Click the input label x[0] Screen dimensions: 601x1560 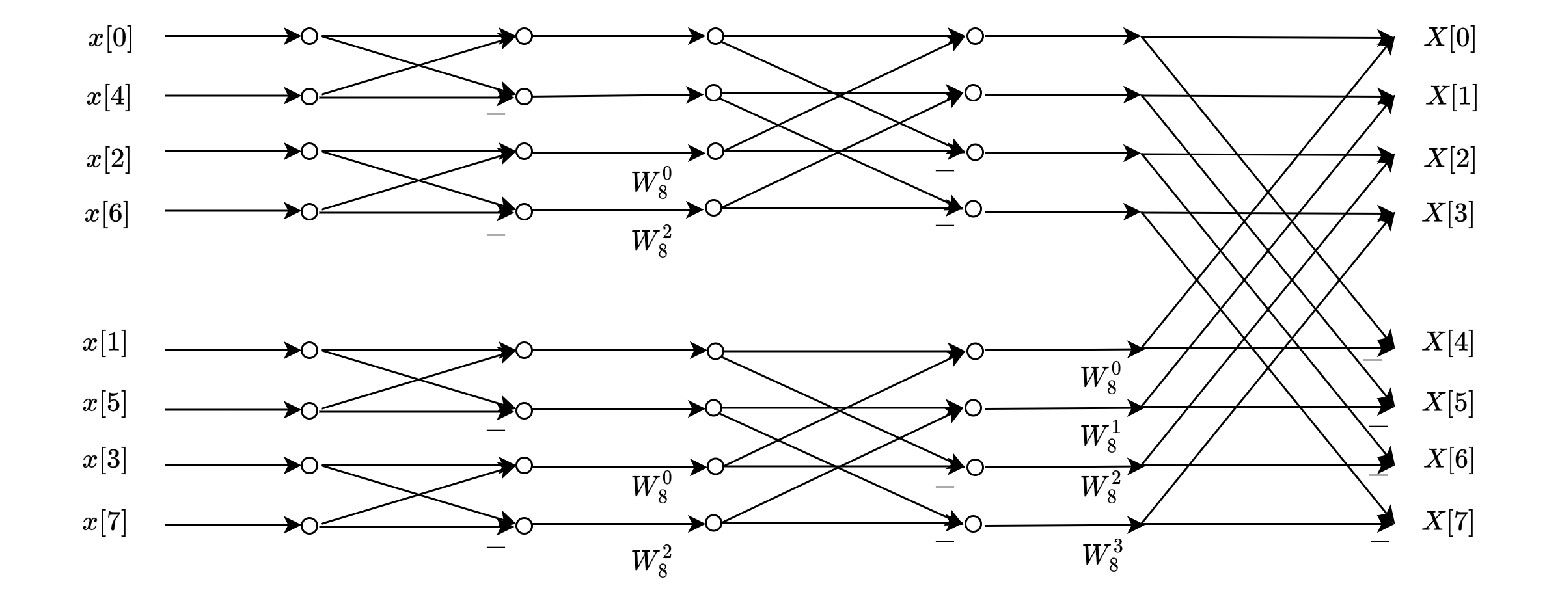pos(110,39)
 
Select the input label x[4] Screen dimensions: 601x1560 pos(108,98)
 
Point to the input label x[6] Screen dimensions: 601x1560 pos(107,213)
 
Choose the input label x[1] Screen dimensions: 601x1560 pos(105,343)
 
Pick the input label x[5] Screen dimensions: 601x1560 pos(105,404)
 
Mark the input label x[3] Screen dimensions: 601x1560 pos(105,461)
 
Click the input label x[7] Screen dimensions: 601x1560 pos(105,522)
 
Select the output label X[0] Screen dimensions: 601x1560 pos(1449,38)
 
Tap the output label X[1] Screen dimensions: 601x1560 pos(1452,97)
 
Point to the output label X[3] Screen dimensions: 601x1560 pos(1448,213)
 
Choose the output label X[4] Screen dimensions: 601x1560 pos(1448,342)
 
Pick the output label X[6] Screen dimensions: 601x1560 pos(1448,460)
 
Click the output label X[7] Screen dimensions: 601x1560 pos(1448,522)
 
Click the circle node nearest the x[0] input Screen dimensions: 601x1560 pos(310,36)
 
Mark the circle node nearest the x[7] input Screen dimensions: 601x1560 pos(310,525)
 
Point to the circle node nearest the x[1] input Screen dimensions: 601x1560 pos(310,351)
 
